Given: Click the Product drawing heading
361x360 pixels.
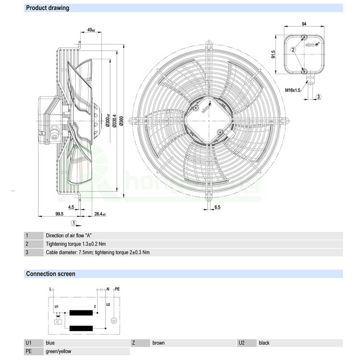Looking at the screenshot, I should click(47, 8).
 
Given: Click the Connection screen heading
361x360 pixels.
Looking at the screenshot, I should click(50, 274).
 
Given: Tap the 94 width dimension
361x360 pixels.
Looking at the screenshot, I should click(304, 24).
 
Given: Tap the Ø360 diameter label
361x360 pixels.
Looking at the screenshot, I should click(121, 120).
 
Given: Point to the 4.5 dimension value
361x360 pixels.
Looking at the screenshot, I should click(71, 208).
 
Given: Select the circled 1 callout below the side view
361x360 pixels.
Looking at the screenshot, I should click(73, 223).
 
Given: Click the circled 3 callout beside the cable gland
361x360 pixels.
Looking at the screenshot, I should click(319, 97).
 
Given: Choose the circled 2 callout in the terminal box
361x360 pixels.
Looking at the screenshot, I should click(292, 50).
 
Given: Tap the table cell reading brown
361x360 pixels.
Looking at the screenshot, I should click(158, 343).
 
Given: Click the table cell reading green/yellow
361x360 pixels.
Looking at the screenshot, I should click(58, 351).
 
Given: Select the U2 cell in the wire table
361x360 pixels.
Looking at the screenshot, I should click(242, 343).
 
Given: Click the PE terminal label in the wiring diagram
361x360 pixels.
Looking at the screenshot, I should click(117, 289).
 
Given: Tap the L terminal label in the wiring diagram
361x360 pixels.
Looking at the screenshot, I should click(51, 289).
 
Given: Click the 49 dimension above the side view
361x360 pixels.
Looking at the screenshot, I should click(91, 30).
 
